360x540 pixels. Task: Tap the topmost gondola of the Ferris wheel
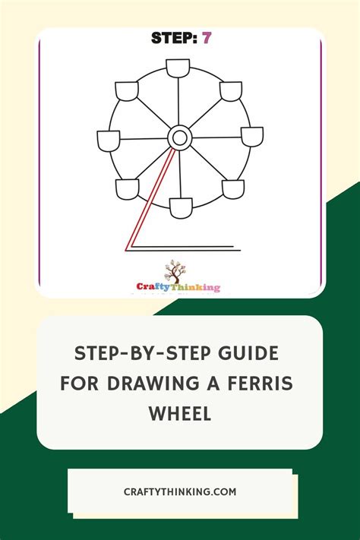178,68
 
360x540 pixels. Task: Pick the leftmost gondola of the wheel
109,140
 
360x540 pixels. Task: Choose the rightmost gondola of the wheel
251,137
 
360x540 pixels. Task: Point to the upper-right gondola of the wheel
231,91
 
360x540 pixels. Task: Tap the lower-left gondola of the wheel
128,188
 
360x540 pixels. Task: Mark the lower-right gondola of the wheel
232,188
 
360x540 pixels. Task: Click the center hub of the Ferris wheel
179,137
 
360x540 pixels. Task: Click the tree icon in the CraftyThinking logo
176,271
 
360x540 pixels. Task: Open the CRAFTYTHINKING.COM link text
180,491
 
